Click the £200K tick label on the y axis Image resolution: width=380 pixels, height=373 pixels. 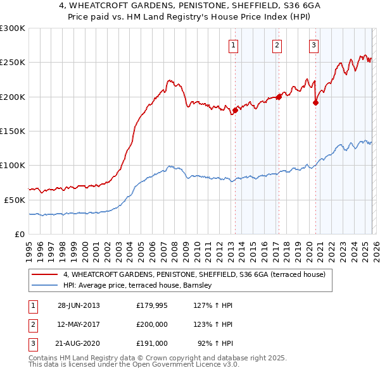(x=12, y=97)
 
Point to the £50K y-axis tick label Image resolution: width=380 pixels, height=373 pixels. (x=14, y=200)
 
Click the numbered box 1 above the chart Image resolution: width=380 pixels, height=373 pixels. (x=234, y=45)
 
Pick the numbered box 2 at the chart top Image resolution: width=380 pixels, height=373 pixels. (x=277, y=45)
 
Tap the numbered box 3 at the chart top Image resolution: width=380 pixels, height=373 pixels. (x=313, y=45)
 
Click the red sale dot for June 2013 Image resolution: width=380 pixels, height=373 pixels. (x=235, y=110)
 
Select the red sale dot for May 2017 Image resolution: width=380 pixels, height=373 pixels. (x=279, y=97)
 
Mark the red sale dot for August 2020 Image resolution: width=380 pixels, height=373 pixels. (x=315, y=102)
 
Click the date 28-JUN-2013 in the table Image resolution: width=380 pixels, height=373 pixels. (x=79, y=305)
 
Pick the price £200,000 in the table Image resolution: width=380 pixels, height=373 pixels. (x=151, y=324)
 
